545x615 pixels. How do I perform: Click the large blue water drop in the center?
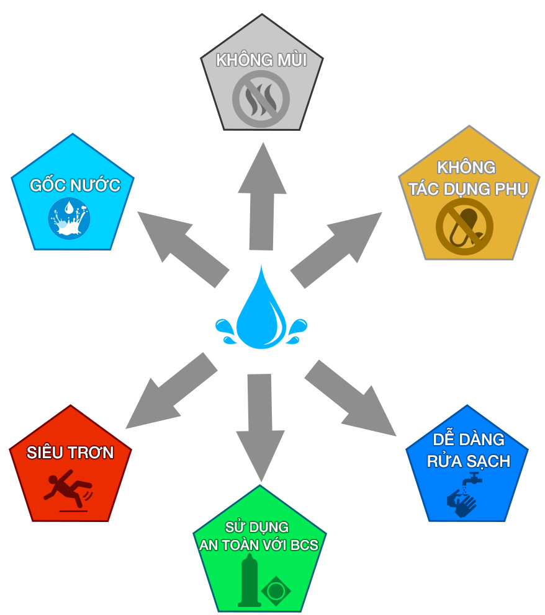261,310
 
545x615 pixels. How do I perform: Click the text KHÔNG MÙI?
261,60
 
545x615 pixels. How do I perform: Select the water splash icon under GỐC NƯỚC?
70,218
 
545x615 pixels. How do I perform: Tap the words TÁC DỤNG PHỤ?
467,190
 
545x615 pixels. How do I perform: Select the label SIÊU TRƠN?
70,453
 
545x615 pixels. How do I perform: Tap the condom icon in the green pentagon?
248,580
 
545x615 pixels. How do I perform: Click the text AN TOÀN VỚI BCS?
258,545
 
